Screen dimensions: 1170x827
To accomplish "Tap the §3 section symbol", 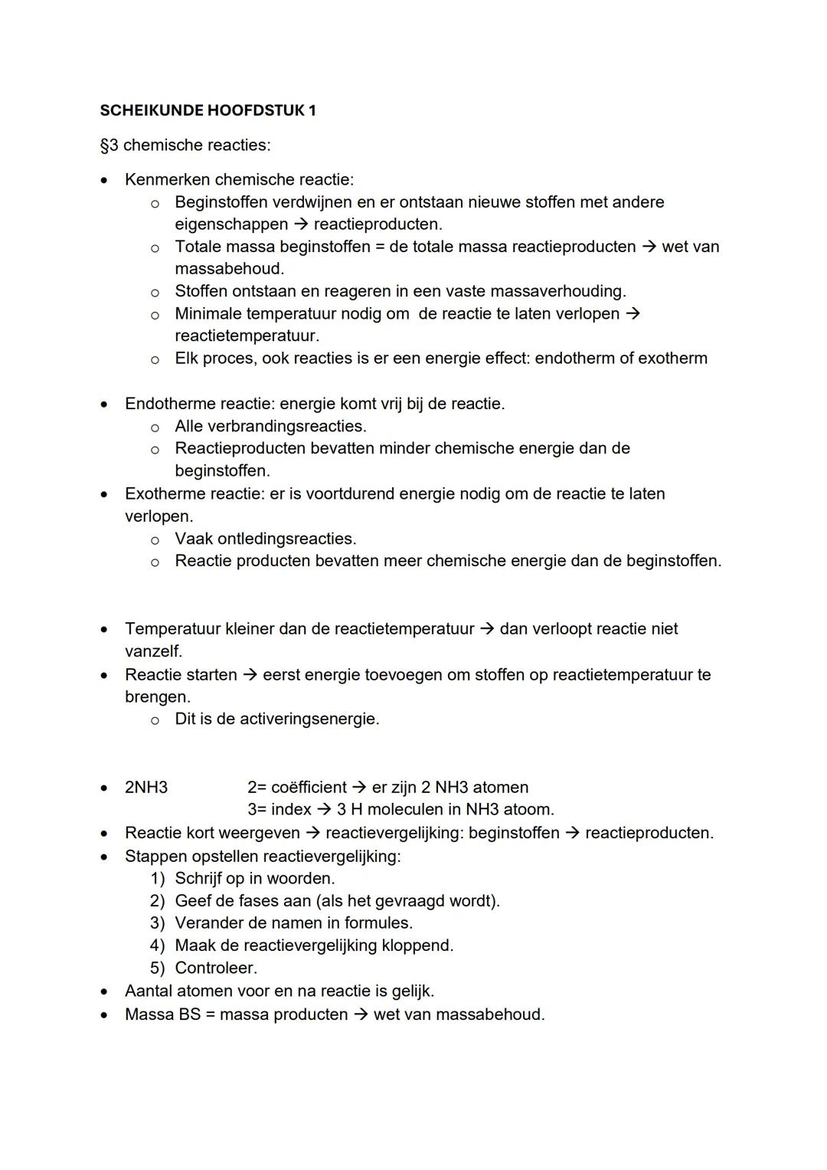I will (x=109, y=146).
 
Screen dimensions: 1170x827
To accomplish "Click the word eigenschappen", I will (x=231, y=224).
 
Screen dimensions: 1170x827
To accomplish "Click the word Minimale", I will (x=210, y=314).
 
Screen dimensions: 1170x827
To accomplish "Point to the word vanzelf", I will (x=153, y=652).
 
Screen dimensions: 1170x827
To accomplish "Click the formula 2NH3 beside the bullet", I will (x=146, y=788).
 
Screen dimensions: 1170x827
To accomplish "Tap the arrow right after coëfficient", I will (x=359, y=788).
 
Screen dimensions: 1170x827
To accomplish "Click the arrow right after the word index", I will (x=324, y=810).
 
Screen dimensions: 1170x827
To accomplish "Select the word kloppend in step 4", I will (x=418, y=946).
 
